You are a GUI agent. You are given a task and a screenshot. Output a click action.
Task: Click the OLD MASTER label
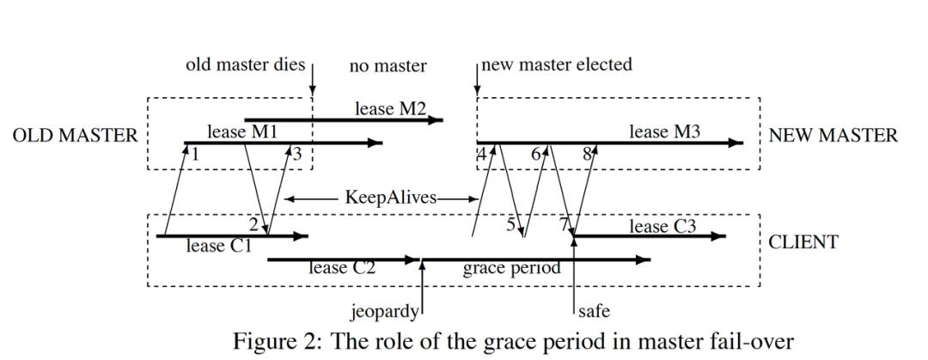coord(75,136)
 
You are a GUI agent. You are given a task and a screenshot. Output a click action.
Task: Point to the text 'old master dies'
coord(245,65)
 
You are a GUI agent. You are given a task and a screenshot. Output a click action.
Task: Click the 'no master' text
coord(388,65)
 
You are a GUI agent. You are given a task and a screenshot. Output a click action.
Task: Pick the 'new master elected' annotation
coord(557,64)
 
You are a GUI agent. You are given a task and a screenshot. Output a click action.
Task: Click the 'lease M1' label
coord(241,131)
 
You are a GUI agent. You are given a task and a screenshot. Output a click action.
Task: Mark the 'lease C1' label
coord(219,247)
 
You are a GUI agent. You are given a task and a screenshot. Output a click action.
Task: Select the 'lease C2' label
coord(343,267)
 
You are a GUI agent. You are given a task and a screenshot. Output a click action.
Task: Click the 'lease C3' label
coord(662,226)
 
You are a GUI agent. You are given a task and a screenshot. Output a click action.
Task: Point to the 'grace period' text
coord(511,267)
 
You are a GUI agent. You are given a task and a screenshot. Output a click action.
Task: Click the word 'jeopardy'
coord(384,309)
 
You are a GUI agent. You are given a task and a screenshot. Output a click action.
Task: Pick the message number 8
coord(588,154)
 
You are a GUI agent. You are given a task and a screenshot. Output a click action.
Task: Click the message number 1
coord(196,154)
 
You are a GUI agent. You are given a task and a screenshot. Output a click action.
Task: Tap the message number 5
coord(510,225)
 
